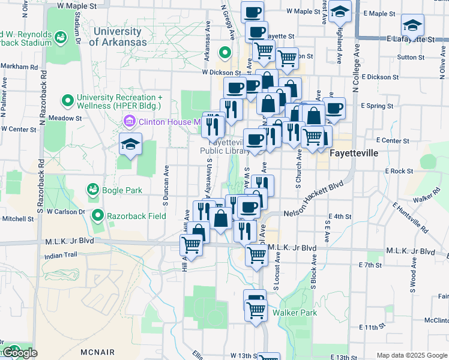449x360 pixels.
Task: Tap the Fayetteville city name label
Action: point(354,153)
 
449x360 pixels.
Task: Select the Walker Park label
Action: point(294,313)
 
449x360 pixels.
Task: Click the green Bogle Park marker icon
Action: point(92,190)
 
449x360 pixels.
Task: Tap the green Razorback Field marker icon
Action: point(98,214)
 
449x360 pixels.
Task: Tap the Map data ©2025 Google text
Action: point(411,355)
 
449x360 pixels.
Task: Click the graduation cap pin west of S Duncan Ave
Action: point(130,144)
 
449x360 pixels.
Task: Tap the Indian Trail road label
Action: point(62,255)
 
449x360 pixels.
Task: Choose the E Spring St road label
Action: point(378,106)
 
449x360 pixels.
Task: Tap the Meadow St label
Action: point(65,118)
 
